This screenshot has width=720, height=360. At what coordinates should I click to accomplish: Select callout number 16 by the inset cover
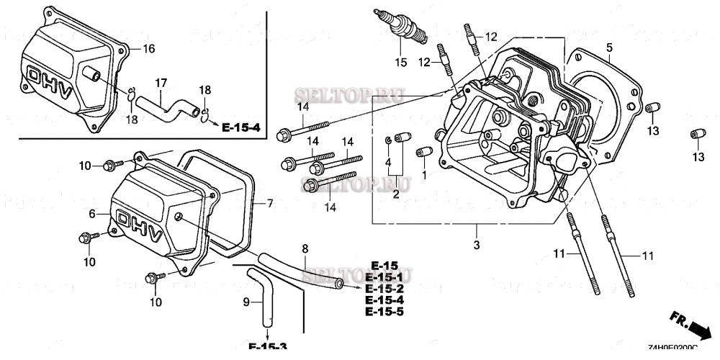tap(148, 49)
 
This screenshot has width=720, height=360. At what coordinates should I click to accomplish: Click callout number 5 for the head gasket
tap(608, 49)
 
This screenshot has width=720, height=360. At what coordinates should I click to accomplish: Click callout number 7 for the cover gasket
tap(270, 204)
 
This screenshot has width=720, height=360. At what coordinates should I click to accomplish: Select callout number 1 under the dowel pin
tap(424, 175)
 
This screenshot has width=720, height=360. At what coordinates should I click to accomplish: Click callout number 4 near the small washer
tap(388, 163)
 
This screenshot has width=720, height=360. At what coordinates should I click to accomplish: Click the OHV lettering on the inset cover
tap(48, 79)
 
